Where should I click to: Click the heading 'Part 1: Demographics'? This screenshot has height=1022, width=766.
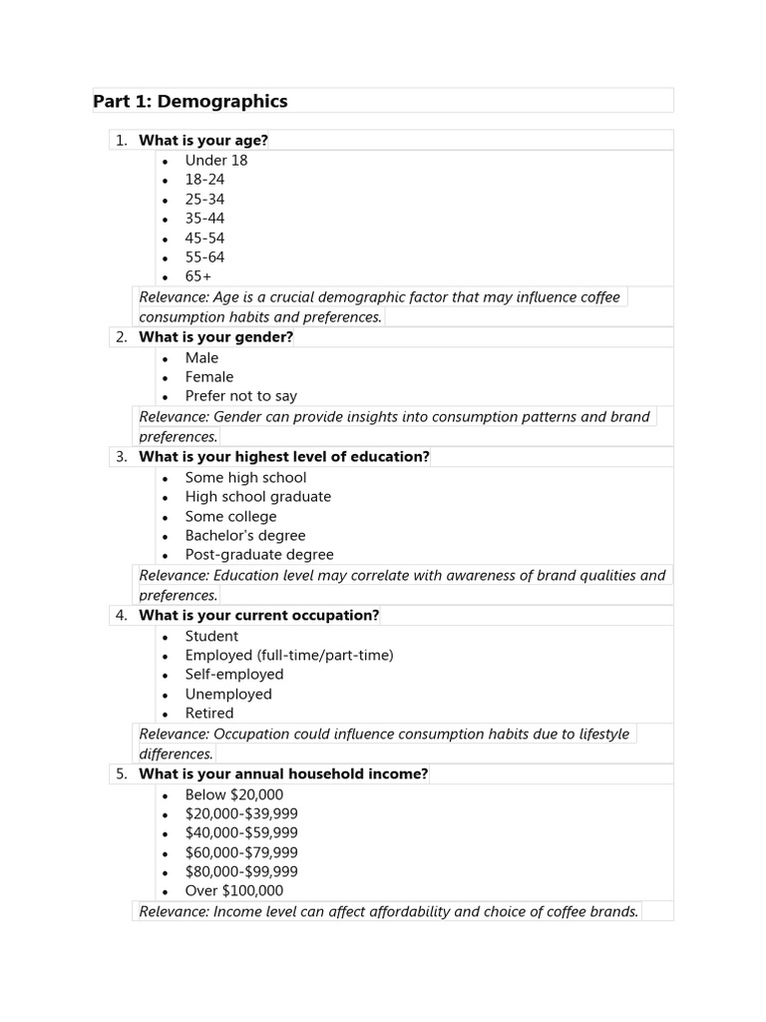point(190,102)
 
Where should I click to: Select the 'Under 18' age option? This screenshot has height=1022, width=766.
point(215,161)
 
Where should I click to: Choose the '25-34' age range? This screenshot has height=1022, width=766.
point(204,200)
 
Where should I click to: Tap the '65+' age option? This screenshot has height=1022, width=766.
point(197,276)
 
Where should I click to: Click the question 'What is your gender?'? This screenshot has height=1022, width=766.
point(215,337)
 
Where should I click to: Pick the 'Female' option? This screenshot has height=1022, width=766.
point(208,377)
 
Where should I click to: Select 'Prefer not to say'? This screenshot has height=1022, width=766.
point(240,396)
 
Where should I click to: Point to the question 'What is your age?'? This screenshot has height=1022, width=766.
point(203,141)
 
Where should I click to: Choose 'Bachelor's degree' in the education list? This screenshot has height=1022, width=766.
point(244,536)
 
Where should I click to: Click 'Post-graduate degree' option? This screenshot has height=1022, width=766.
point(258,555)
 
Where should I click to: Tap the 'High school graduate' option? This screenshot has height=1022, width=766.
point(257,497)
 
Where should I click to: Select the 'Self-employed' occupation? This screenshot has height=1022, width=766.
point(233,675)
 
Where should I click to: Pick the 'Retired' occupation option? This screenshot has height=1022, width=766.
point(208,714)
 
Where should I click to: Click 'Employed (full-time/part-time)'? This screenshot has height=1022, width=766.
point(288,656)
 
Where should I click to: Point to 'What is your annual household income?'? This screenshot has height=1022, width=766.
point(283,774)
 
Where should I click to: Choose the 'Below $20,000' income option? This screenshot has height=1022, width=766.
point(233,795)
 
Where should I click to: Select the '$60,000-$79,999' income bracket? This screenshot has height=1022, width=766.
point(240,853)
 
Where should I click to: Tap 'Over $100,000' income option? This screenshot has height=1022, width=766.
point(233,891)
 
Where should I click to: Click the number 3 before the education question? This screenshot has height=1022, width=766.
point(121,457)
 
